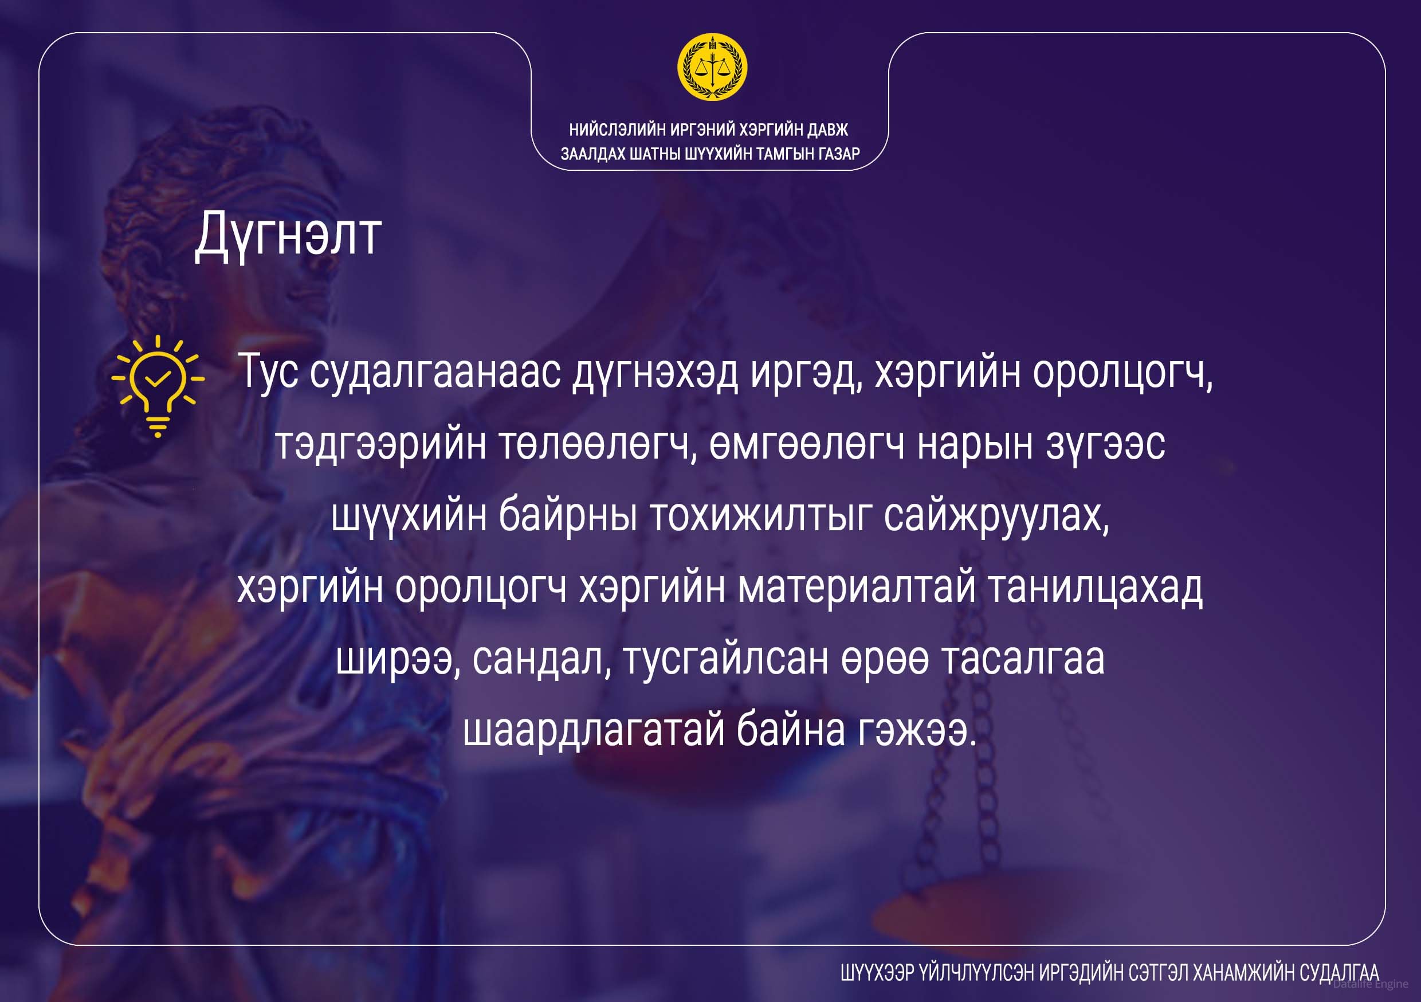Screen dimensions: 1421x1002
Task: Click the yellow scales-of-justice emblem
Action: click(x=712, y=67)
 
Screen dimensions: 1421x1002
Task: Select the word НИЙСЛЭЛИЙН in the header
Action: click(x=618, y=130)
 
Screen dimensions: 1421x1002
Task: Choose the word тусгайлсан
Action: click(x=726, y=659)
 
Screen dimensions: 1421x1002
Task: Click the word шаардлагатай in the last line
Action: click(x=594, y=730)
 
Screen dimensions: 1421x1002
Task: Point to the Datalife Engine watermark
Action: click(x=1370, y=984)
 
